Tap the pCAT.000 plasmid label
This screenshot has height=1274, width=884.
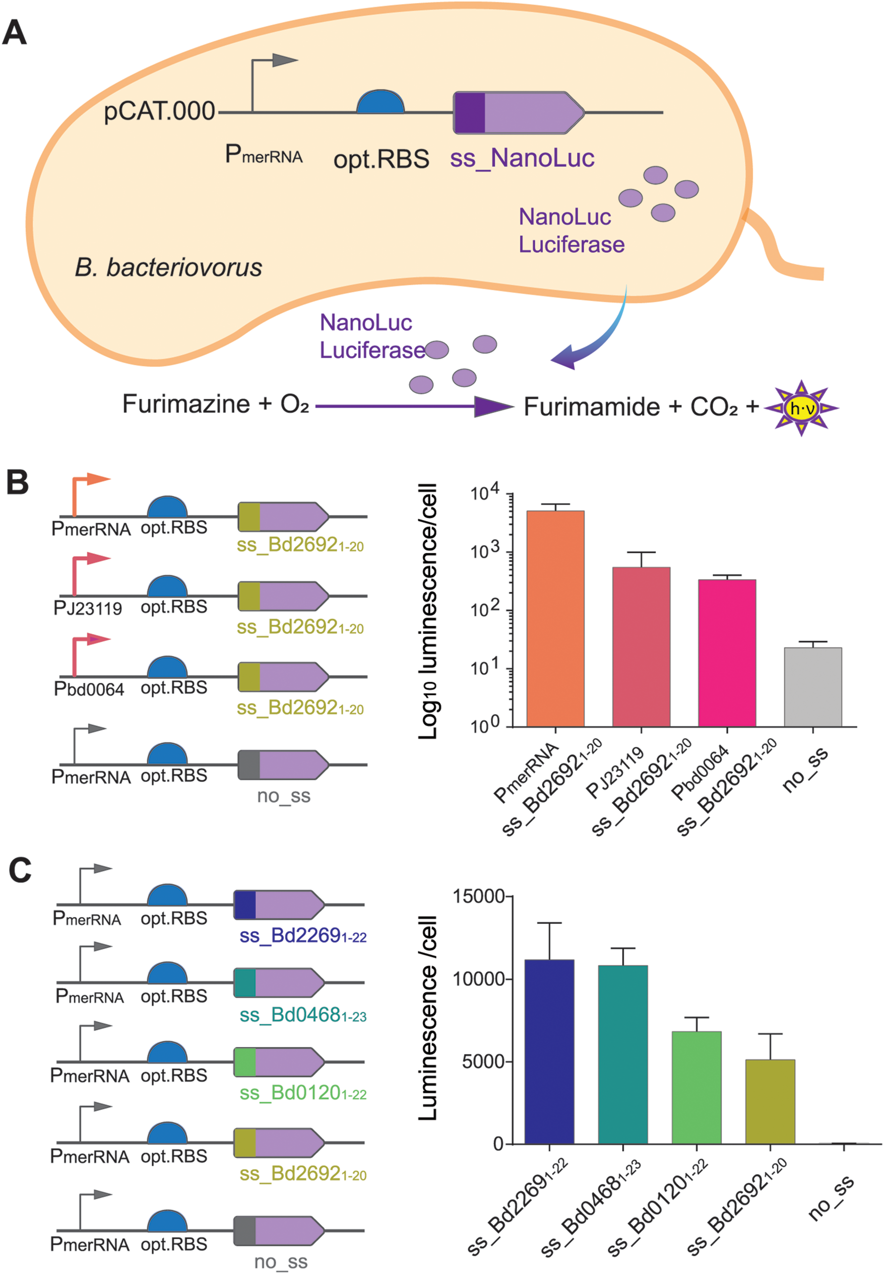tap(160, 111)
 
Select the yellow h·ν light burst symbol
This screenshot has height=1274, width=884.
tap(801, 408)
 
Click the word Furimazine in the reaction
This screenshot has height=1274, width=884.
tap(186, 404)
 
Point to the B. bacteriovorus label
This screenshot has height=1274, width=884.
tap(168, 267)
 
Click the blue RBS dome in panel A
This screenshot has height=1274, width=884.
tap(380, 103)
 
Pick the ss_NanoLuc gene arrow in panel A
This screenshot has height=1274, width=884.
tap(519, 112)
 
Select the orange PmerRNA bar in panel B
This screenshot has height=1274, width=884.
tap(555, 618)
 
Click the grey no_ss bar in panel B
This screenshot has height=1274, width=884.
tap(812, 687)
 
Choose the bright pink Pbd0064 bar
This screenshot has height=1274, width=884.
tap(727, 653)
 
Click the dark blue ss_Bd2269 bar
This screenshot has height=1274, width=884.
tap(549, 1051)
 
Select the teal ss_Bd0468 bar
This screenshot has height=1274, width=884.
tap(622, 1054)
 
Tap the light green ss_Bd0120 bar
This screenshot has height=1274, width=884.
tap(696, 1088)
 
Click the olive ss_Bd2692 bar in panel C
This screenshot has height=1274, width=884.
tap(770, 1101)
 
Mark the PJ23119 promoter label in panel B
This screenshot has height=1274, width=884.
tap(88, 609)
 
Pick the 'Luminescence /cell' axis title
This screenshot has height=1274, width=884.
tap(428, 1018)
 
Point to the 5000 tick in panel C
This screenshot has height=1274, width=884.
tap(483, 1061)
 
